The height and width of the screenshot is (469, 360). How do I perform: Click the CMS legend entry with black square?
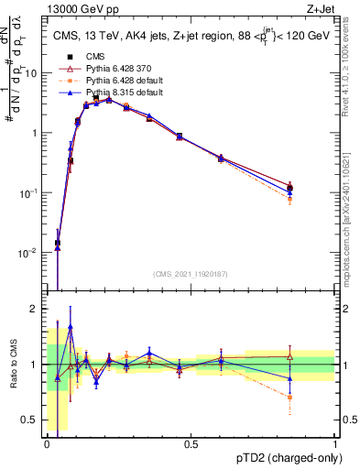coord(91,56)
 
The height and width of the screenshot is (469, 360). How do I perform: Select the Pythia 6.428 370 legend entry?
coord(108,69)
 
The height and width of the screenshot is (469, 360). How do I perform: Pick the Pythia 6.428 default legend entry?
coord(112,81)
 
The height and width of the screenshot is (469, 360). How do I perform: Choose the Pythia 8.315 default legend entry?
coord(112,93)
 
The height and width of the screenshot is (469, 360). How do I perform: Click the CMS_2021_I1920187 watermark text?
coord(191,272)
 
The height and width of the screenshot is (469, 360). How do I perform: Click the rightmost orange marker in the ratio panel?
coord(289,398)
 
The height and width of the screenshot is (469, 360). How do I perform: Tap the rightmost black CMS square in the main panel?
coord(289,189)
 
